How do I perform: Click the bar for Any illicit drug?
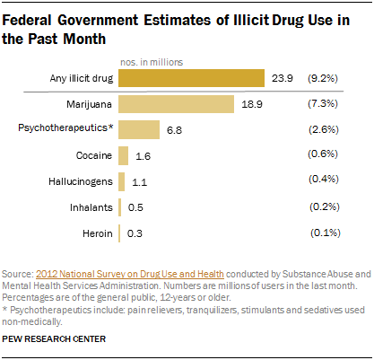191,79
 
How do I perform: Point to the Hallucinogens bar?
122,182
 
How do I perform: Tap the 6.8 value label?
174,130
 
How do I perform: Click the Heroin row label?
97,233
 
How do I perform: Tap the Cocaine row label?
94,156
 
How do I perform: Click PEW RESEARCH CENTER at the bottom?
54,340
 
